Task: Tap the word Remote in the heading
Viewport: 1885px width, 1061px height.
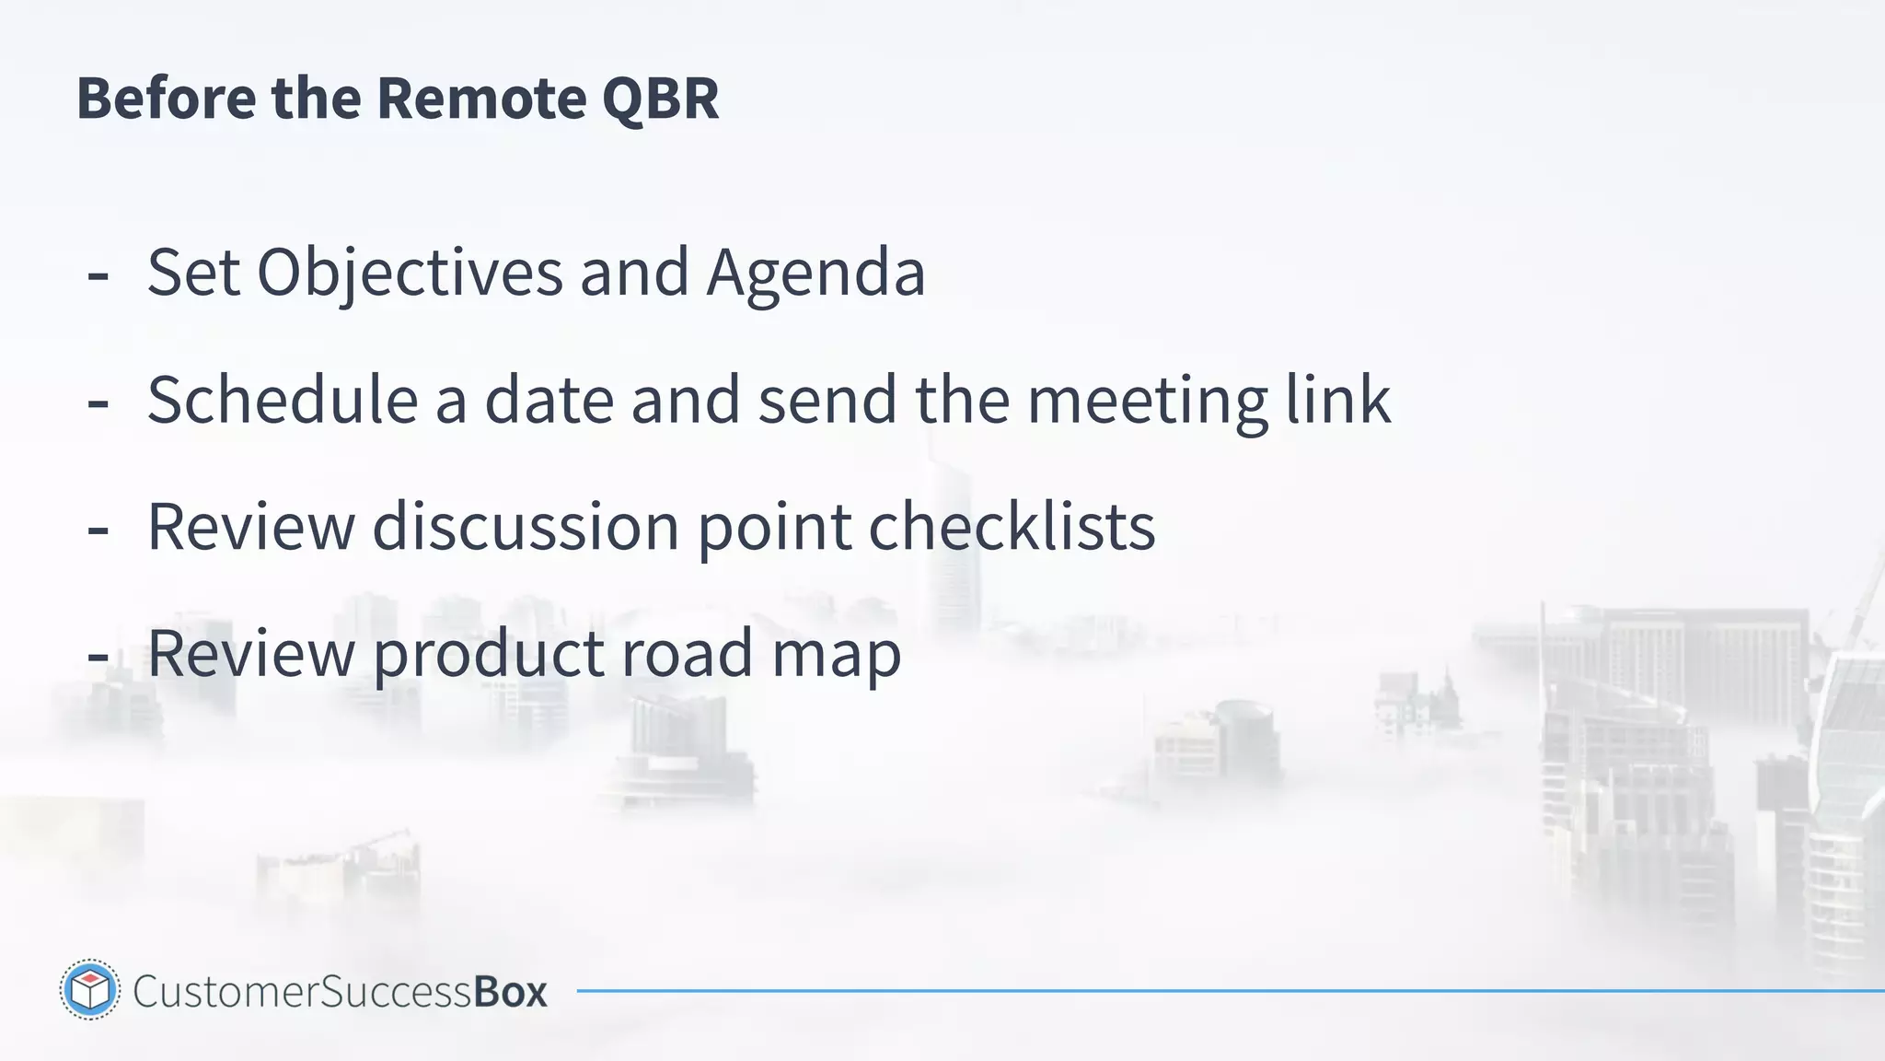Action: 480,98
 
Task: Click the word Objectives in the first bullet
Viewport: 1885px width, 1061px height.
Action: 410,273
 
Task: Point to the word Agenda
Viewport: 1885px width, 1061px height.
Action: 815,273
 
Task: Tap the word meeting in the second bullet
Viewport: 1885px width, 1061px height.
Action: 1147,402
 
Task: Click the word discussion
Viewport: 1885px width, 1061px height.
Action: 526,527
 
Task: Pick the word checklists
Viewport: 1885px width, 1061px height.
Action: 1012,527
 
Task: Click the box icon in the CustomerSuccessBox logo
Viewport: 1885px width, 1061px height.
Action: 90,990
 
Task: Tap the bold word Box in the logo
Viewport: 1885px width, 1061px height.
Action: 510,992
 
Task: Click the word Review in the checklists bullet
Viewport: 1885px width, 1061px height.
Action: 250,527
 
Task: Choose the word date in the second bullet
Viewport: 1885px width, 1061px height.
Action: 549,400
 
